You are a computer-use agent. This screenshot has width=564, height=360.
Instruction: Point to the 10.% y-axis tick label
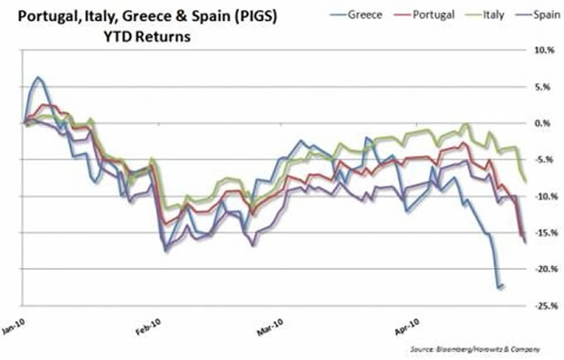coord(542,50)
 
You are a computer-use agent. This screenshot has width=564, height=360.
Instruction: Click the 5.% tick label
coord(544,86)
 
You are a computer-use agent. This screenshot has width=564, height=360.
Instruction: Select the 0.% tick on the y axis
coord(544,123)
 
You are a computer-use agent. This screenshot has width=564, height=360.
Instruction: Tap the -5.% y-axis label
coord(543,159)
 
